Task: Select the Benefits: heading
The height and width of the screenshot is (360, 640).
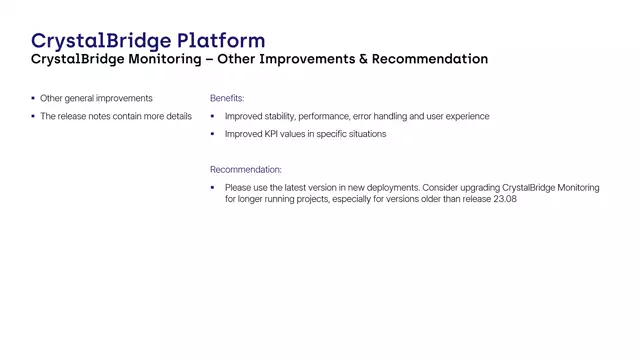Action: click(227, 99)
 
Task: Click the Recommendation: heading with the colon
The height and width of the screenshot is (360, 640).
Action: click(246, 170)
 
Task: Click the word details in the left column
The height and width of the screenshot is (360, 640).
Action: click(173, 117)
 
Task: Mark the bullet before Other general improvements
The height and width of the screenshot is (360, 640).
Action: click(33, 98)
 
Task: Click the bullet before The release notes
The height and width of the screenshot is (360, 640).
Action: click(33, 116)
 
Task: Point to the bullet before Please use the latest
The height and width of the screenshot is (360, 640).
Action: click(213, 187)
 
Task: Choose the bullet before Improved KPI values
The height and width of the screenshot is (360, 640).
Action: click(213, 134)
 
